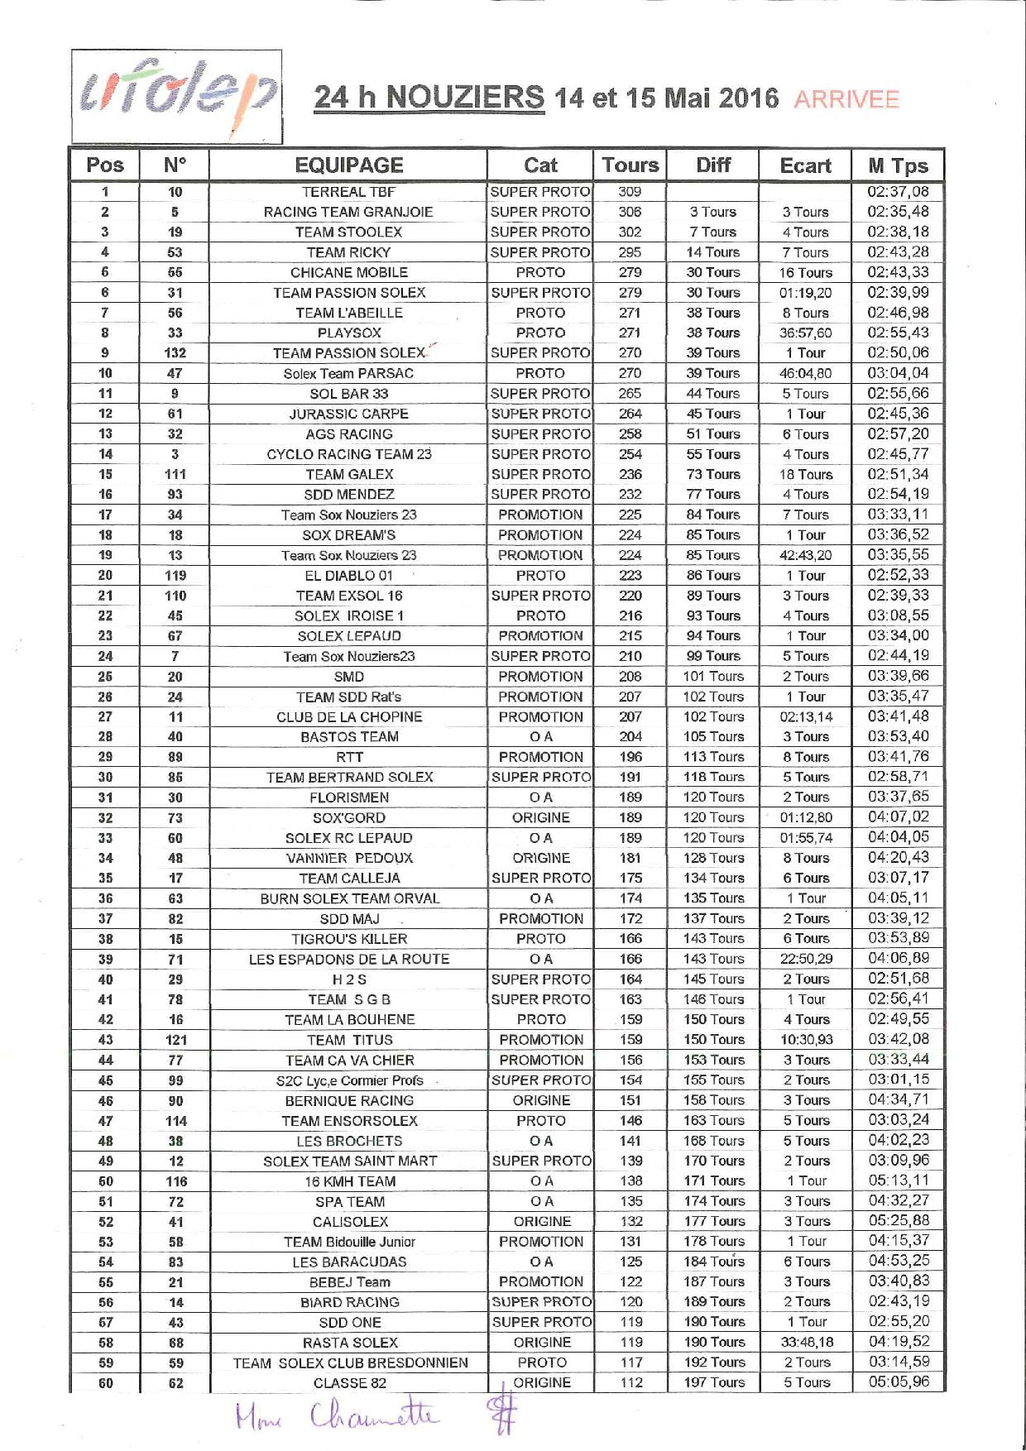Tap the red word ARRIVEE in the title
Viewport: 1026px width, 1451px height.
pyautogui.click(x=846, y=99)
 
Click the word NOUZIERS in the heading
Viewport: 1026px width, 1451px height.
pyautogui.click(x=465, y=98)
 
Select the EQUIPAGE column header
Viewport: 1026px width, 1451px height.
pyautogui.click(x=348, y=165)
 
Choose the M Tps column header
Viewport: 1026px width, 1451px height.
pyautogui.click(x=898, y=165)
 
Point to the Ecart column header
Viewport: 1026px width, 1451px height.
pyautogui.click(x=805, y=165)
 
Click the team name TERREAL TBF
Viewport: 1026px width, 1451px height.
pyautogui.click(x=348, y=192)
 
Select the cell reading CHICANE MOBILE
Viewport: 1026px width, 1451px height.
pyautogui.click(x=348, y=272)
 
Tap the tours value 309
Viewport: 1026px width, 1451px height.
pyautogui.click(x=630, y=192)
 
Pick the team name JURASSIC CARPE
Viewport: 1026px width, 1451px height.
pyautogui.click(x=348, y=414)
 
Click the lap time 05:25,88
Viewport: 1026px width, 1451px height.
pyautogui.click(x=898, y=1221)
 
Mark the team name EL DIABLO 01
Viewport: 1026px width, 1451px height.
pyautogui.click(x=348, y=576)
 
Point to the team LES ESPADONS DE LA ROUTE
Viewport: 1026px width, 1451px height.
pyautogui.click(x=348, y=960)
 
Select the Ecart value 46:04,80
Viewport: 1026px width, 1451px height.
pyautogui.click(x=805, y=373)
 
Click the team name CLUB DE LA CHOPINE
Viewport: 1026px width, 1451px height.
pyautogui.click(x=348, y=717)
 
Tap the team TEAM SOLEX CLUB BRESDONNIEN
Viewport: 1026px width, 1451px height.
pyautogui.click(x=350, y=1362)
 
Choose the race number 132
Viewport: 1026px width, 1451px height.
pyautogui.click(x=175, y=353)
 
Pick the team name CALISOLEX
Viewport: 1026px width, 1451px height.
pyautogui.click(x=350, y=1222)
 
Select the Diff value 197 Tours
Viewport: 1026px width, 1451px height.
pyautogui.click(x=714, y=1382)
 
